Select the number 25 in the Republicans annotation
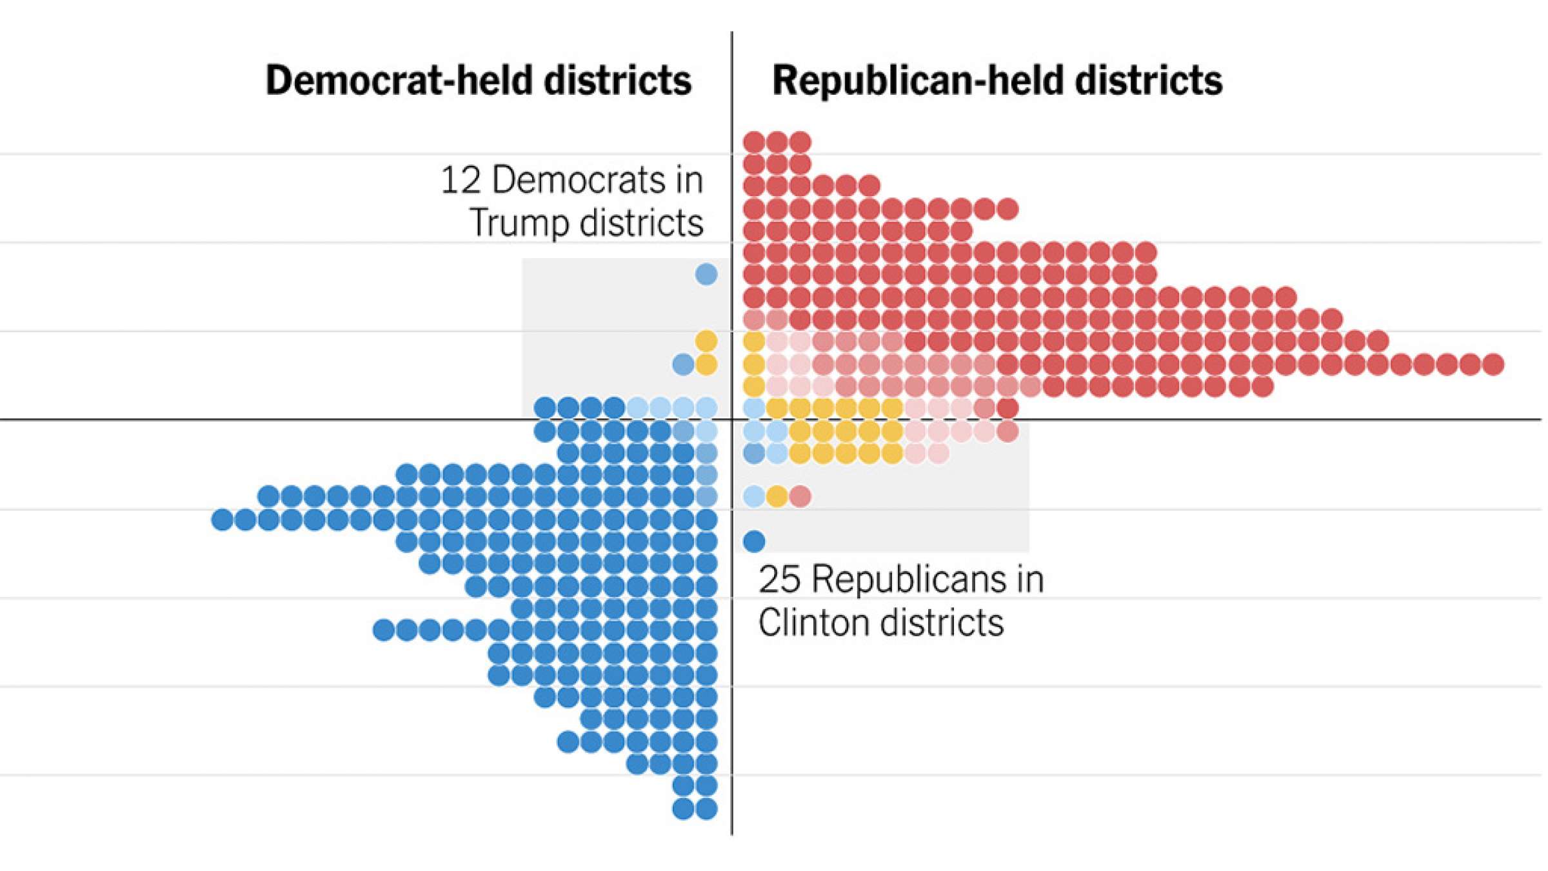779,579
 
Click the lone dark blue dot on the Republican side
754,541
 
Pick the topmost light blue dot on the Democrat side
706,274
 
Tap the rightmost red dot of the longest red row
1493,364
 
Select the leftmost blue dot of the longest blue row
223,519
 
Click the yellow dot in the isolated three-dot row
777,496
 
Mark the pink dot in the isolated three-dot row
800,496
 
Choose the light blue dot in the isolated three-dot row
754,496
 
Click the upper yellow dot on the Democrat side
706,341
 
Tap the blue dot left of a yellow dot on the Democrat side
683,364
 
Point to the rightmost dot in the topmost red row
800,141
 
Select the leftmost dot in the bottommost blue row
683,808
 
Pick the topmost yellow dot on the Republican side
754,341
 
